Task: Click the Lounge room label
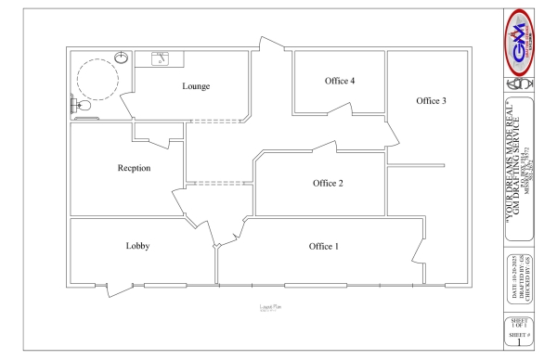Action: tap(196, 86)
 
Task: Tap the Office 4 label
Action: tap(340, 81)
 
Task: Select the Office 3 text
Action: tap(432, 100)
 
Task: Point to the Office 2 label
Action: tap(328, 183)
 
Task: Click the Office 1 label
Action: tap(324, 246)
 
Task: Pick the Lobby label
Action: tap(138, 246)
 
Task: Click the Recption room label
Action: tap(135, 168)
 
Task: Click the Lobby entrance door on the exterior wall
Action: tap(118, 288)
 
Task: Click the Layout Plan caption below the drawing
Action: tap(270, 306)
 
